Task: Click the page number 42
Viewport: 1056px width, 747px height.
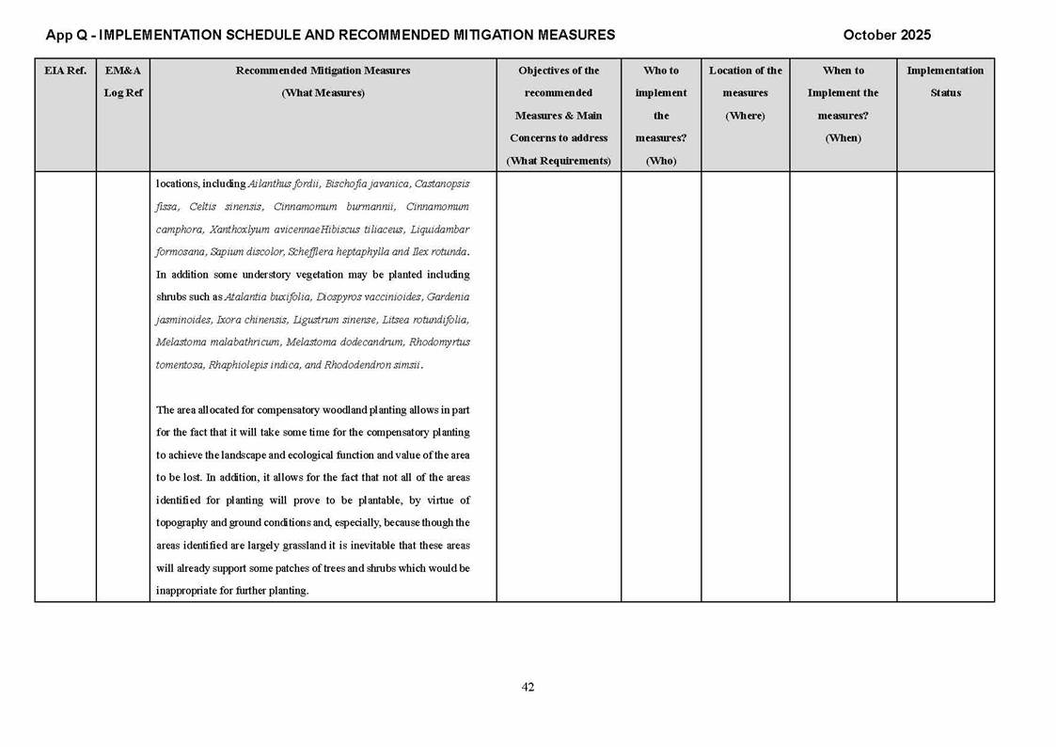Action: coord(528,687)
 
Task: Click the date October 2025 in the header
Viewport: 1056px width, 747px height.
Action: coord(887,35)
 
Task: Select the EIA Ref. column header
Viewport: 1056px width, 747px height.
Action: coord(65,71)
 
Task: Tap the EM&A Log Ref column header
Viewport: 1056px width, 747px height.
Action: coord(122,82)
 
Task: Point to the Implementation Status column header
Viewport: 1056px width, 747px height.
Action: coord(945,82)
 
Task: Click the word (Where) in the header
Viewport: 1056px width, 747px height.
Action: coord(745,116)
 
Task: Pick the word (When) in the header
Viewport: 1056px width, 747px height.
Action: coord(843,138)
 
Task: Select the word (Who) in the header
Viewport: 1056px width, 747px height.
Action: coord(661,161)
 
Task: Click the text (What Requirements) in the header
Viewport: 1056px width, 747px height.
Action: coord(559,161)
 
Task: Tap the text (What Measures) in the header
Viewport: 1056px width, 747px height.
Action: coord(323,93)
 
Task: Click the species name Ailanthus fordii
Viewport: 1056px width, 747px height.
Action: coord(283,183)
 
